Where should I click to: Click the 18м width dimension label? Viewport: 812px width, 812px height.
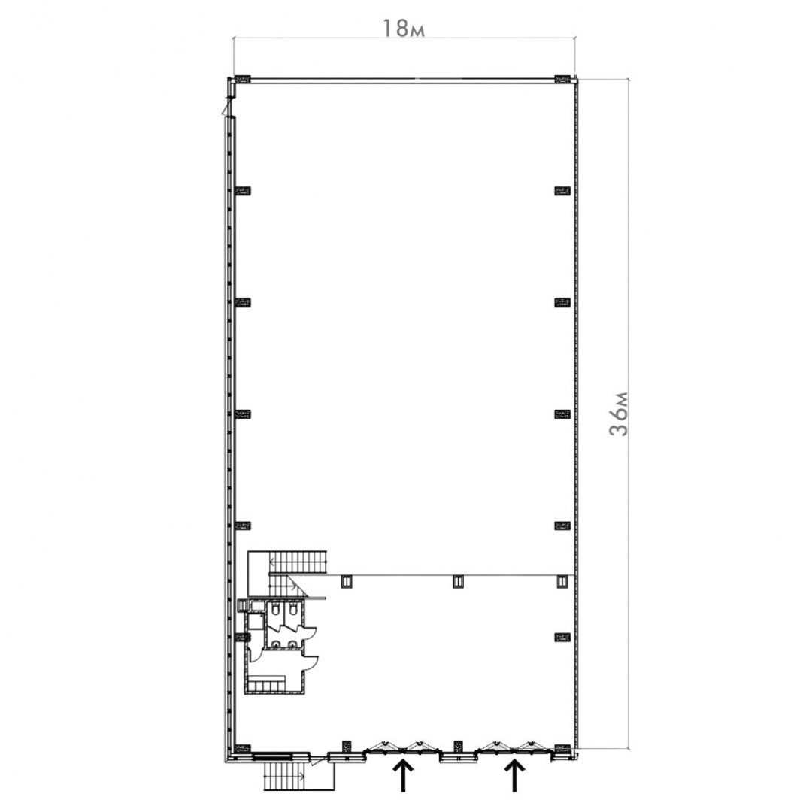(x=403, y=29)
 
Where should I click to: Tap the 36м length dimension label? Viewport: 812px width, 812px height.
(x=618, y=414)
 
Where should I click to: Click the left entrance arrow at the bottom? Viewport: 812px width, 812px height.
(x=404, y=775)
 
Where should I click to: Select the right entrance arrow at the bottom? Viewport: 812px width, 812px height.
(x=514, y=775)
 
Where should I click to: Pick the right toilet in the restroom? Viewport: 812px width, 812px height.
(x=294, y=611)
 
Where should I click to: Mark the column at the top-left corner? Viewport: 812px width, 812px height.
(x=243, y=79)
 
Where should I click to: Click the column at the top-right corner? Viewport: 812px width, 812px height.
(x=562, y=79)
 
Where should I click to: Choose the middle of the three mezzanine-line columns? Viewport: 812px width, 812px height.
(x=458, y=582)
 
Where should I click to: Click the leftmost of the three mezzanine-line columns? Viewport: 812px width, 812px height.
(x=347, y=582)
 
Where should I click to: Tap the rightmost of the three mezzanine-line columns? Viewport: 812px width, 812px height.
(x=562, y=582)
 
